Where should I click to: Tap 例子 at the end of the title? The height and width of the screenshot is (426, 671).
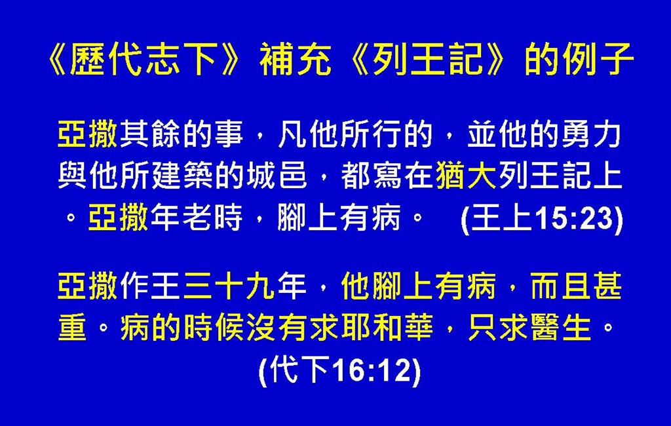pyautogui.click(x=598, y=60)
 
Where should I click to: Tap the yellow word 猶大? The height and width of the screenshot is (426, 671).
pyautogui.click(x=466, y=176)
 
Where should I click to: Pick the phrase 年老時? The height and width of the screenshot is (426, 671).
pyautogui.click(x=196, y=217)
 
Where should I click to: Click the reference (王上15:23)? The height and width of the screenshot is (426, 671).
pyautogui.click(x=542, y=219)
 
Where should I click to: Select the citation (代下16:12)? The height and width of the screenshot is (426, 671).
pyautogui.click(x=340, y=371)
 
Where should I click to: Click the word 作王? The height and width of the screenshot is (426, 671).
pyautogui.click(x=150, y=286)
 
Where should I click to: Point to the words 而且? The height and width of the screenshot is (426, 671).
pyautogui.click(x=560, y=286)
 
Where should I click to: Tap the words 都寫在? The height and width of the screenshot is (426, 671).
pyautogui.click(x=387, y=176)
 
